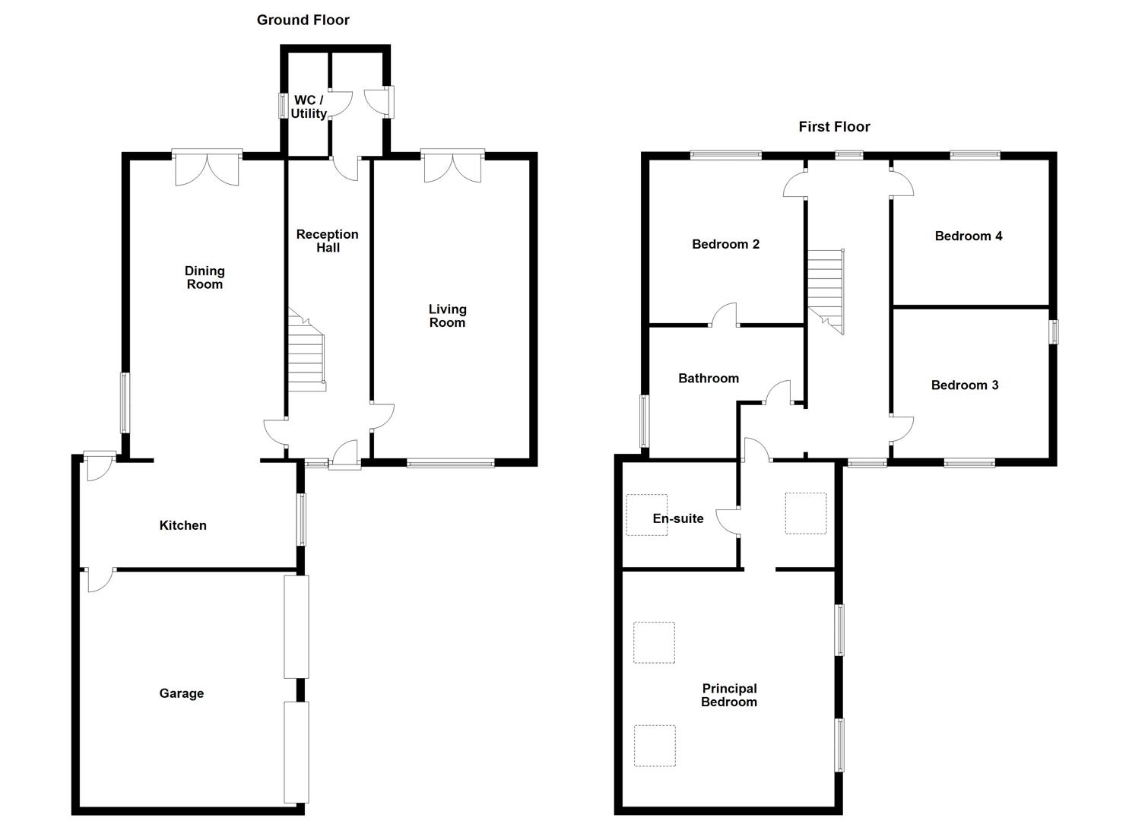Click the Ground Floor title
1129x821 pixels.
click(x=303, y=20)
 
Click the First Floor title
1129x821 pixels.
click(x=834, y=127)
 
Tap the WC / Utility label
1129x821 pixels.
click(x=309, y=107)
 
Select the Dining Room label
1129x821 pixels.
click(x=205, y=277)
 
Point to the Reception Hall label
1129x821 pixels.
click(x=328, y=241)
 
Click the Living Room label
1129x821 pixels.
click(x=447, y=315)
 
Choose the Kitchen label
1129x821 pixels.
click(x=182, y=525)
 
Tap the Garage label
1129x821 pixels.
click(x=182, y=693)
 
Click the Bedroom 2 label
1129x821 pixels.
click(x=725, y=244)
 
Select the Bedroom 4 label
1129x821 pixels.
click(x=968, y=236)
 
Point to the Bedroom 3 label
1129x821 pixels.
click(x=964, y=385)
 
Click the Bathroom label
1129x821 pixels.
click(x=709, y=379)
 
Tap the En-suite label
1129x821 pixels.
click(x=678, y=518)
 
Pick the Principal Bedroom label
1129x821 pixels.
click(x=729, y=696)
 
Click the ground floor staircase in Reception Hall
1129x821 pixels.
click(x=307, y=353)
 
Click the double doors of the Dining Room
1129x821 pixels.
click(x=207, y=168)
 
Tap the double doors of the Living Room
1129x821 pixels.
click(x=452, y=166)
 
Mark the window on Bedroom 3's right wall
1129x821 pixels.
click(x=1054, y=332)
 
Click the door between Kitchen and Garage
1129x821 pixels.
click(x=100, y=579)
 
